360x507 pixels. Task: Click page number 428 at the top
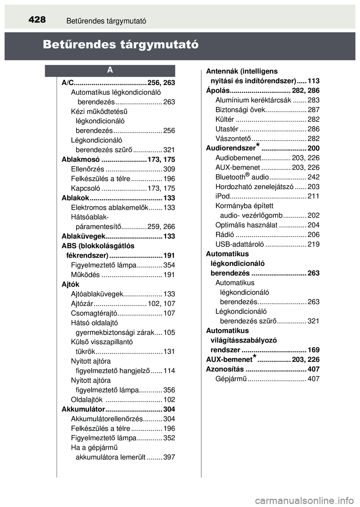tap(37, 19)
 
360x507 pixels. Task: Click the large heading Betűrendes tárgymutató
tap(120, 45)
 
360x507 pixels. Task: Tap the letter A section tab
tap(110, 70)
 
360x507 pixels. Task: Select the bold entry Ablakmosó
tap(81, 159)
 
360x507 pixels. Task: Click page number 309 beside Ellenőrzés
tap(169, 169)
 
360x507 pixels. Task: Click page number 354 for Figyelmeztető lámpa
tap(169, 265)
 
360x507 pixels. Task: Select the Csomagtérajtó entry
tap(94, 313)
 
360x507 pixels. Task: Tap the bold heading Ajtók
tap(70, 284)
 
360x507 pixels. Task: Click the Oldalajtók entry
tap(87, 400)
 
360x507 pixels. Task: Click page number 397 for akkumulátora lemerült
tap(169, 457)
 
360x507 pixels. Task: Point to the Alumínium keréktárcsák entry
tap(253, 100)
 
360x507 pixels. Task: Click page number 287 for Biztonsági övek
tap(313, 110)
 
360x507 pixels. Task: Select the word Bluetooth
tap(230, 177)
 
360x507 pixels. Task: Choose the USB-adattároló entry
tap(239, 244)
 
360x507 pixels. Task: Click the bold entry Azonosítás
tap(225, 369)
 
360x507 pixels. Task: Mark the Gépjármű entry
tap(231, 379)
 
